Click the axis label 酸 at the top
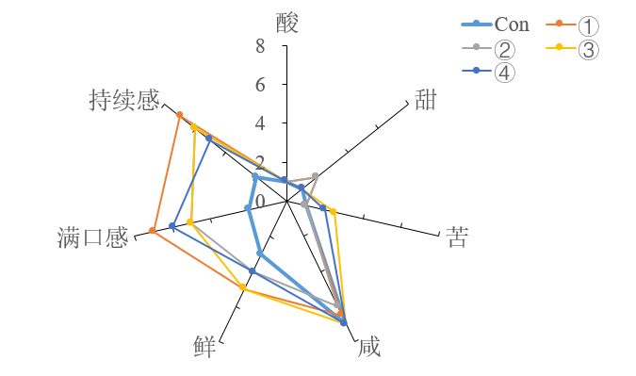287,23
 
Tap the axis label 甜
426,101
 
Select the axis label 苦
457,237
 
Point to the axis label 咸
369,348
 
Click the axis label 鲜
204,348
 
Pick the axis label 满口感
92,237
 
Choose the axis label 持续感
124,101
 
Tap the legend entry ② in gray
504,48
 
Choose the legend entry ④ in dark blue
504,72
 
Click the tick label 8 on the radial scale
259,45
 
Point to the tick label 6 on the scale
259,85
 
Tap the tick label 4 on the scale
259,123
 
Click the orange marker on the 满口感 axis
153,231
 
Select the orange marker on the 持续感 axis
179,115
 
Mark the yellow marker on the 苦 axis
333,212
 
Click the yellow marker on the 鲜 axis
244,286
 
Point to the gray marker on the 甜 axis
315,176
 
